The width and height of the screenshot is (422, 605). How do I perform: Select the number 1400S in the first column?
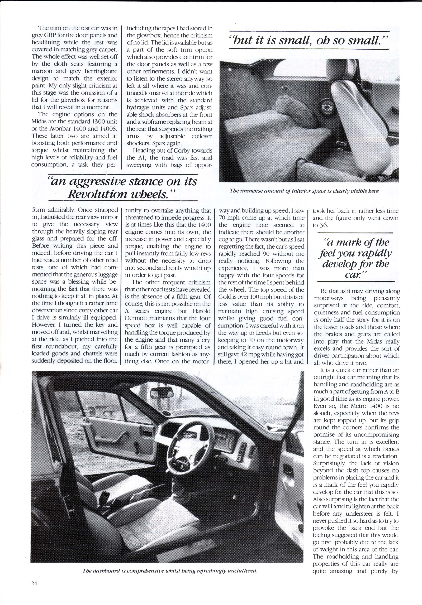point(108,129)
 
